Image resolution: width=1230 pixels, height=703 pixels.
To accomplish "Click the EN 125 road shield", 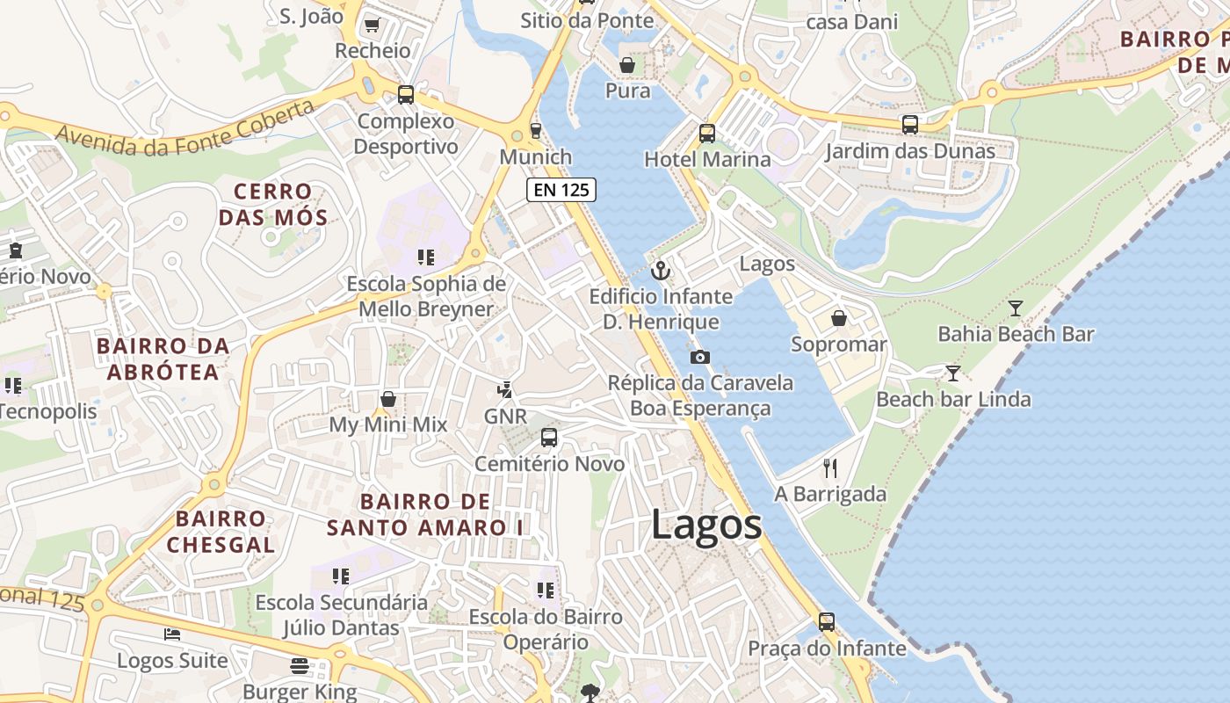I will (561, 189).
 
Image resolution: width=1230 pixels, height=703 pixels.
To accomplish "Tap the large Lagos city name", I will (706, 525).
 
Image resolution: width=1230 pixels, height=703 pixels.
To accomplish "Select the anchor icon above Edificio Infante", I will (661, 271).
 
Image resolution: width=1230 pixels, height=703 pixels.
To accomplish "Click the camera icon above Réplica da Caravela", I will (700, 357).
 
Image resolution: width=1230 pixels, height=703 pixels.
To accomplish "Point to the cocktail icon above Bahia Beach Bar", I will (1016, 308).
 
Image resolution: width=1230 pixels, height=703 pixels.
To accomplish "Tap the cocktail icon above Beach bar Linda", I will (953, 373).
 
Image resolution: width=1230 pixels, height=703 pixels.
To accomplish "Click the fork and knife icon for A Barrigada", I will (830, 467).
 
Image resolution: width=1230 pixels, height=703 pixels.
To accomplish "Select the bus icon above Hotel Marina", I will (707, 134).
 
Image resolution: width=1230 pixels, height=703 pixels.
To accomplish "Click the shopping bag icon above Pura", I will (627, 65).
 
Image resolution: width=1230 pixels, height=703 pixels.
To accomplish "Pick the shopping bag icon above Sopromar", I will (839, 317).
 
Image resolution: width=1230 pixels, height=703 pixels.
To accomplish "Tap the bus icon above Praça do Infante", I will (827, 622).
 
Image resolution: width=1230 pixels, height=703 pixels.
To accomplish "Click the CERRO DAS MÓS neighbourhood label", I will (273, 204).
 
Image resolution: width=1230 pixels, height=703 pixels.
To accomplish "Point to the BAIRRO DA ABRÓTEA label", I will (163, 359).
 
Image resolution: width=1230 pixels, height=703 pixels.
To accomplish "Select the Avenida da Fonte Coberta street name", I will (184, 128).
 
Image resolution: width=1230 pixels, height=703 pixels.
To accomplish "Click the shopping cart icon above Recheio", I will (372, 25).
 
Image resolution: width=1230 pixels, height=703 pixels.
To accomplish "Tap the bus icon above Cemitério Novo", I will (549, 437).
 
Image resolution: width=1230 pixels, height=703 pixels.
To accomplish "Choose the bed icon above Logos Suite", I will (172, 634).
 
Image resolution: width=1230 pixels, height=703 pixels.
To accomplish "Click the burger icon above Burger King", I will (300, 665).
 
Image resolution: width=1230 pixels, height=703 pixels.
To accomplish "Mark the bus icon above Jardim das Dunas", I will (910, 125).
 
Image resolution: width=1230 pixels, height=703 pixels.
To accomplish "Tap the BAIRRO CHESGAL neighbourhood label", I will (221, 531).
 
